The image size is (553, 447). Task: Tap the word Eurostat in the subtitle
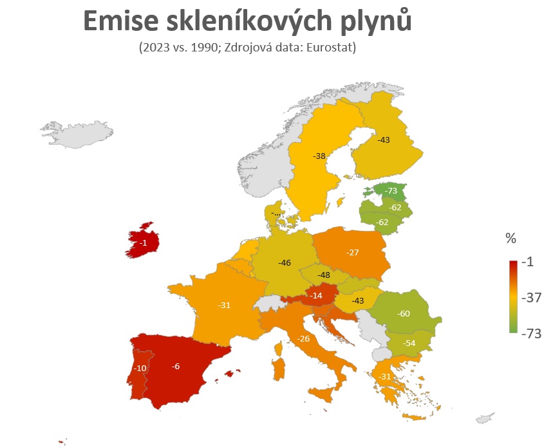[x=331, y=48]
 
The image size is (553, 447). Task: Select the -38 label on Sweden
[x=319, y=156]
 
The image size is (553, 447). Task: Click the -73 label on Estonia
[x=391, y=191]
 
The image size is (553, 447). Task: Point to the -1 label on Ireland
[x=143, y=243]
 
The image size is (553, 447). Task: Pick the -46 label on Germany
[x=284, y=263]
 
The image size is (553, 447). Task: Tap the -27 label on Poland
[x=352, y=253]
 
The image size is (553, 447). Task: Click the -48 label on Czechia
[x=324, y=275]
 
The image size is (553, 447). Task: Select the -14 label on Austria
[x=315, y=296]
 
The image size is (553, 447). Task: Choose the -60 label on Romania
[x=404, y=314]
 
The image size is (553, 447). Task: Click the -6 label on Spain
[x=176, y=367]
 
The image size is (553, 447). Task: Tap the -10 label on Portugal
[x=140, y=369]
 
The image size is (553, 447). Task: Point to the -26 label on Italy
[x=303, y=339]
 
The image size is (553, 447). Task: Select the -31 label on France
[x=224, y=305]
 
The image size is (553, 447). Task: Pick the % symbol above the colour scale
[x=511, y=239]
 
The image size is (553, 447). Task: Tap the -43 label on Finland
[x=384, y=140]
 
